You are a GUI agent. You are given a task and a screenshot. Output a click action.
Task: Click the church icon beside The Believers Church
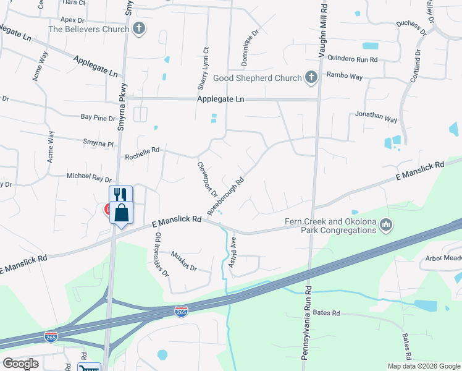tap(140, 28)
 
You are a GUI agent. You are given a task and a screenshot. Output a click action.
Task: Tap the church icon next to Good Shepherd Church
tap(311, 78)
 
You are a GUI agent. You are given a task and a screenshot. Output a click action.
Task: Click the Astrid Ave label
tap(233, 249)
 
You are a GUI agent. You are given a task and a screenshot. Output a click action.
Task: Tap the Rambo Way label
tap(345, 77)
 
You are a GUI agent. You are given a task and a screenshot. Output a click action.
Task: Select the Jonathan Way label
tap(376, 115)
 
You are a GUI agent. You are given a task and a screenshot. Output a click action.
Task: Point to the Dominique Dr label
tap(254, 41)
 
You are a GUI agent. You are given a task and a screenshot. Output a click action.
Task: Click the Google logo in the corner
tap(21, 364)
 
